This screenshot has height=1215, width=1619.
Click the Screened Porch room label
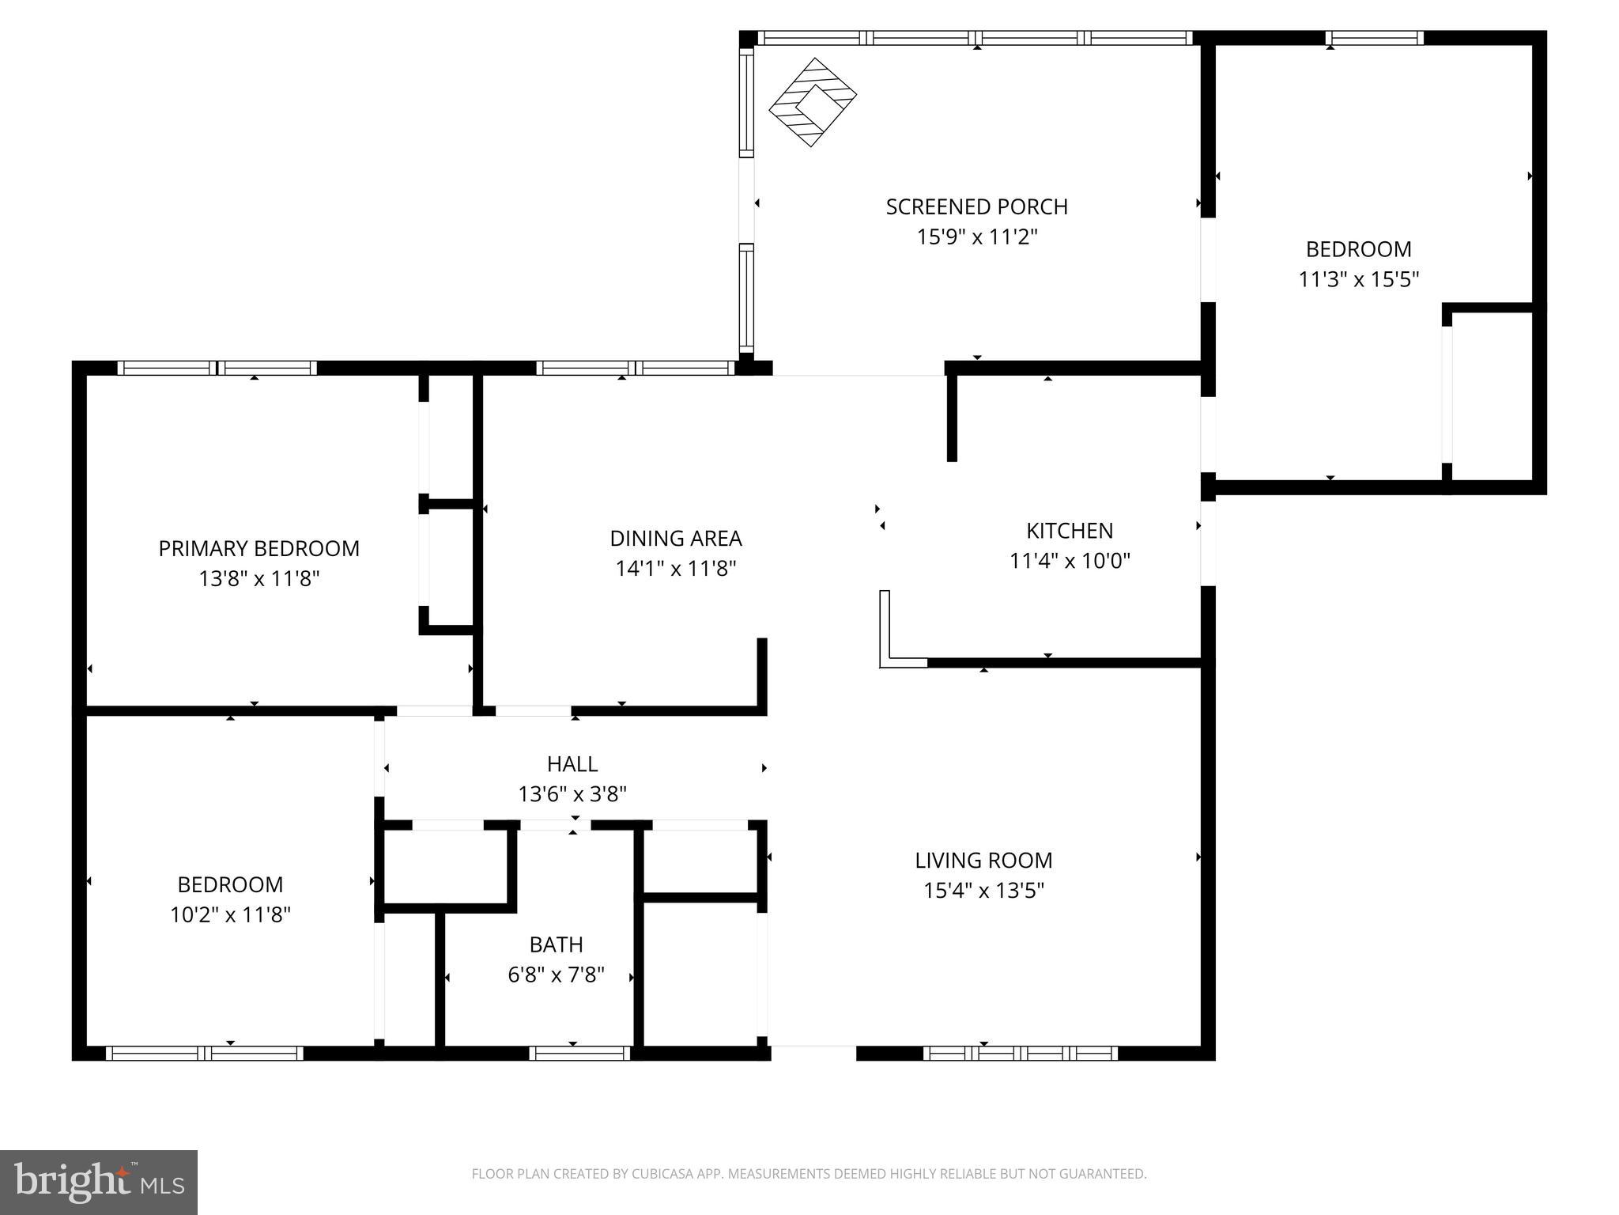coord(976,206)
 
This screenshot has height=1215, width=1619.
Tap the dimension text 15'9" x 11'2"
coord(976,237)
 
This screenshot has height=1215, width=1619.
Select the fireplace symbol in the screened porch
coord(813,102)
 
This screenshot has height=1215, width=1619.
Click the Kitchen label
coord(1069,531)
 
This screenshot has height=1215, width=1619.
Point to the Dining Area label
coord(675,539)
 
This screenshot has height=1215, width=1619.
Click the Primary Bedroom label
coord(259,549)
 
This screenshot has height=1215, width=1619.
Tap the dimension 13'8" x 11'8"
coord(259,579)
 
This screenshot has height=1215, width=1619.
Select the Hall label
coord(572,764)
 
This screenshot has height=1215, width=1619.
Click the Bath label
coord(556,944)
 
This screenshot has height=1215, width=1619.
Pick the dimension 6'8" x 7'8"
coord(556,975)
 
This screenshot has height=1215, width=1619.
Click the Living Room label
coord(983,861)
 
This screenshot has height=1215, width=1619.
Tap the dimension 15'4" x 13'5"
coord(983,891)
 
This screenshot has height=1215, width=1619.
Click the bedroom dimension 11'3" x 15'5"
coord(1358,280)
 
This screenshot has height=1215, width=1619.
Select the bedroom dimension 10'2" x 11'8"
coord(230,915)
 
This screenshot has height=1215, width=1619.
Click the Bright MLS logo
coord(98,1183)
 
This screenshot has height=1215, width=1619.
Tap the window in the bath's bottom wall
coord(579,1053)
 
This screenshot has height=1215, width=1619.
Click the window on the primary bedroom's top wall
coord(217,368)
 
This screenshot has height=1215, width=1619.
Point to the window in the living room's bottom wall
coord(1020,1053)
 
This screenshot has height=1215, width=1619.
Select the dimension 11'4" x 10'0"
coord(1069,562)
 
